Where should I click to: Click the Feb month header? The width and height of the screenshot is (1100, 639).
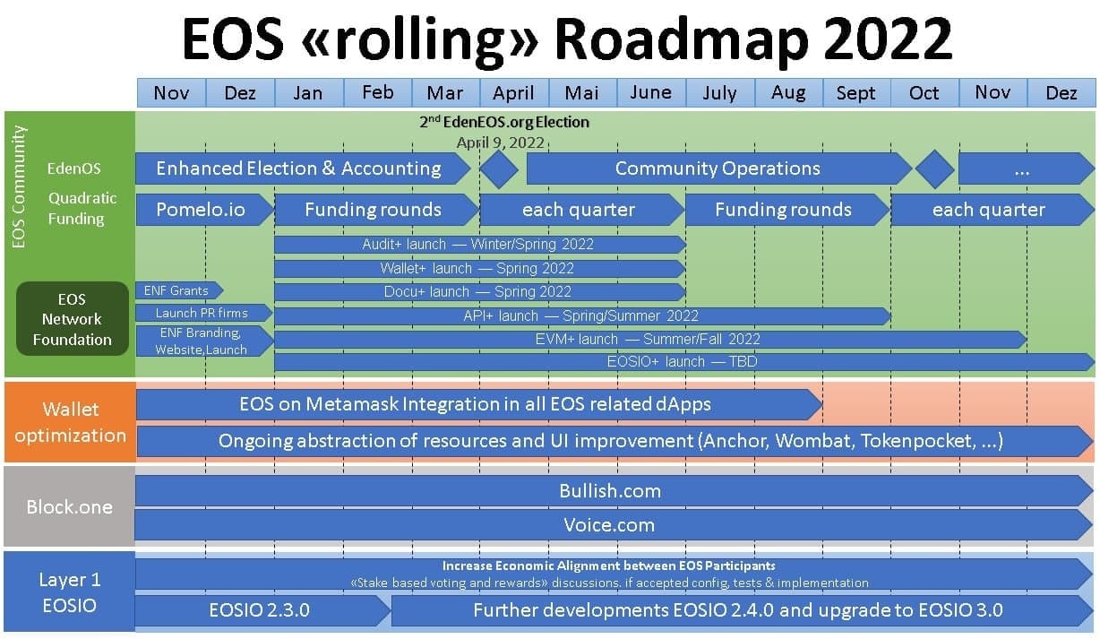[378, 92]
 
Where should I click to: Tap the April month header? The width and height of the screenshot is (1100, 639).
[514, 92]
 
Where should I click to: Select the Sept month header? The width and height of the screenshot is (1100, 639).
[856, 92]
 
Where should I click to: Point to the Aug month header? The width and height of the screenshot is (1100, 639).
[788, 92]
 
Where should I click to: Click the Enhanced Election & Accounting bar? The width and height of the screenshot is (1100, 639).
[303, 168]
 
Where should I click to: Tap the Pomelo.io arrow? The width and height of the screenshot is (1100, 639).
[205, 210]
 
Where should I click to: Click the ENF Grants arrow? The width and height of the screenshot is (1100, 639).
[179, 290]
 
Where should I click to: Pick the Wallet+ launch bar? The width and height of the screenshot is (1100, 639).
[480, 269]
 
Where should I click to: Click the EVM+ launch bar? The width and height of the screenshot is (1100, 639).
[650, 339]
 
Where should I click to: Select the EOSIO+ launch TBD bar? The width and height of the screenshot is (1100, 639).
[684, 362]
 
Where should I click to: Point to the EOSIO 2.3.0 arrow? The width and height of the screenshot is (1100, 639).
[262, 610]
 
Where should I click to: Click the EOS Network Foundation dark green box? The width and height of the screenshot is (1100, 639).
[73, 319]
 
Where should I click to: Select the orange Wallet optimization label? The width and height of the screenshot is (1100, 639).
[70, 422]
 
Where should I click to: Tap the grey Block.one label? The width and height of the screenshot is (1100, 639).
[69, 506]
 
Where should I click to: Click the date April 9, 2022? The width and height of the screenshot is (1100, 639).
[501, 142]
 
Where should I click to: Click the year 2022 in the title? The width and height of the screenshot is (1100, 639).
[888, 39]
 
